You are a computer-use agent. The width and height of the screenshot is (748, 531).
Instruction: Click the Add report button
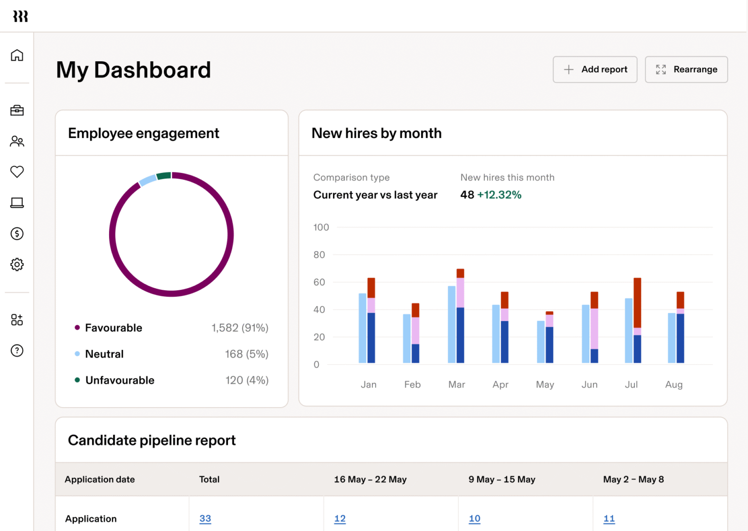[x=595, y=69]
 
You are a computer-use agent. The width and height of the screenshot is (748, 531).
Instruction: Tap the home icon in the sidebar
[x=17, y=55]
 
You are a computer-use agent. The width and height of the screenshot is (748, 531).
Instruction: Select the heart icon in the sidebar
[x=17, y=172]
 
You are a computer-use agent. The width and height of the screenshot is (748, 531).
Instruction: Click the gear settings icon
[x=17, y=264]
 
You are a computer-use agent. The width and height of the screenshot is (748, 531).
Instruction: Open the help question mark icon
[x=17, y=350]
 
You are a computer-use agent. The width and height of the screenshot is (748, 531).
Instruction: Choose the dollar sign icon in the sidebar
[x=17, y=234]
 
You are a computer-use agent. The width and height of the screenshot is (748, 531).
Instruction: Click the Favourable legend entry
[x=113, y=328]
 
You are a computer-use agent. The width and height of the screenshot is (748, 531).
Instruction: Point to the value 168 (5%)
[x=246, y=354]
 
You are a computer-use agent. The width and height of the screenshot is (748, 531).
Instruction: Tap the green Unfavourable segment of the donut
[x=164, y=176]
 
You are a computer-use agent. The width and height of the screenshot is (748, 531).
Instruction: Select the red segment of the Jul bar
[x=637, y=302]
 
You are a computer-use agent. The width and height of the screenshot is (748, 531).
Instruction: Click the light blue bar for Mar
[x=452, y=324]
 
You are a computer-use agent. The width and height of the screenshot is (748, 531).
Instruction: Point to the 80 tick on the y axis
[x=319, y=255]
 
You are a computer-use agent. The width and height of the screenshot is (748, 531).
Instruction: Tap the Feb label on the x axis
[x=412, y=384]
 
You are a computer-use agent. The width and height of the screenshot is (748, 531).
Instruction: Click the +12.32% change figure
[x=499, y=195]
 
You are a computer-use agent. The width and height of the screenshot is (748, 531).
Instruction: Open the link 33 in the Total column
[x=205, y=518]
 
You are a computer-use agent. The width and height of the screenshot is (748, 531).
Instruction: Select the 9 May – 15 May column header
[x=501, y=479]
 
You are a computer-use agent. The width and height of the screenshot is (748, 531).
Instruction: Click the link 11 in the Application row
[x=609, y=518]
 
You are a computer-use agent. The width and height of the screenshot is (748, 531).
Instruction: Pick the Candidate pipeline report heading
[x=152, y=440]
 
